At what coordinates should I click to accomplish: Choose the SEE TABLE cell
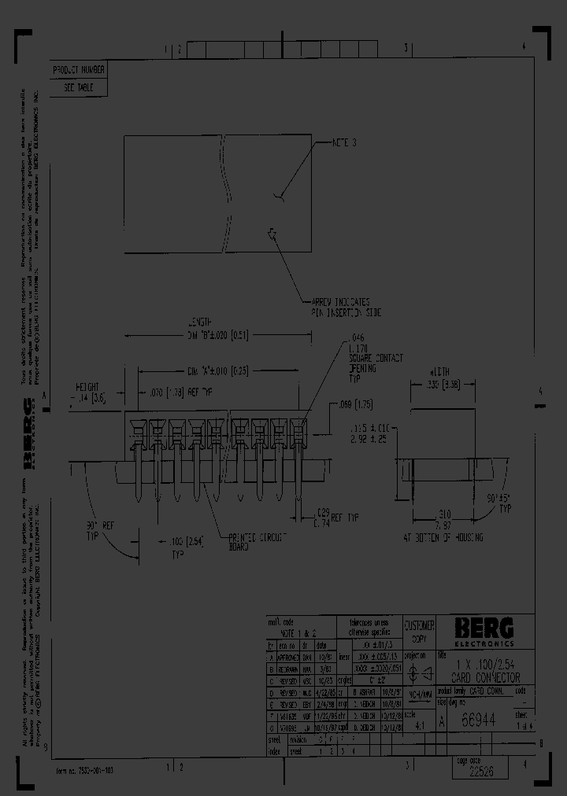(78, 88)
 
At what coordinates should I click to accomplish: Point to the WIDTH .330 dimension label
(441, 380)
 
